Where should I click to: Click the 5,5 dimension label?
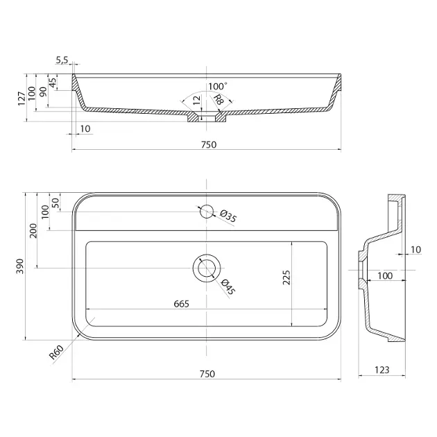click(x=62, y=60)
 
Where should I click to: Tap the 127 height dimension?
click(x=22, y=98)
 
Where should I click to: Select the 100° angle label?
click(x=218, y=86)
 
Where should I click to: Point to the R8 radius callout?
click(x=218, y=99)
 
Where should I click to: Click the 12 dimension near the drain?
click(x=197, y=100)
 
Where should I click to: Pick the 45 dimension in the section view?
click(x=53, y=83)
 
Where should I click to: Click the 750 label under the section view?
click(x=209, y=145)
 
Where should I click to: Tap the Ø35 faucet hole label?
click(x=228, y=216)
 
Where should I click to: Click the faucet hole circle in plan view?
click(x=207, y=212)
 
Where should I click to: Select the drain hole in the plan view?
click(x=207, y=268)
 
